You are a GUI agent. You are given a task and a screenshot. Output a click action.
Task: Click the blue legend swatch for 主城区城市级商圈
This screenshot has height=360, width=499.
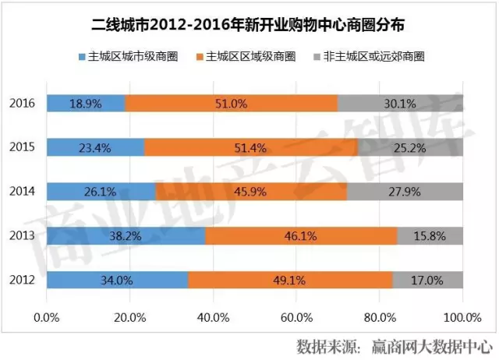(83, 57)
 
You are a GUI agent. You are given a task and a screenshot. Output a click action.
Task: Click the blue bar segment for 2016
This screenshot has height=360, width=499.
(86, 104)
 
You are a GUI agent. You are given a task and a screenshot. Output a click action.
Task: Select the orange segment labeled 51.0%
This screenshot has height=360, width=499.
(232, 104)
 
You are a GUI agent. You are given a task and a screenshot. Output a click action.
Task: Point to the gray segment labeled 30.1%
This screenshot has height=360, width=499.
(400, 104)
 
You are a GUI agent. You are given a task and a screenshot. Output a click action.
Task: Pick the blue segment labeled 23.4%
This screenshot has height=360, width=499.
(95, 147)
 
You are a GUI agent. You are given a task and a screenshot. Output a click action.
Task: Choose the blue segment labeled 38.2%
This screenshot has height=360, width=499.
(126, 235)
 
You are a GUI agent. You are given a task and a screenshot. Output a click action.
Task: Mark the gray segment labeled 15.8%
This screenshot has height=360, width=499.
(430, 235)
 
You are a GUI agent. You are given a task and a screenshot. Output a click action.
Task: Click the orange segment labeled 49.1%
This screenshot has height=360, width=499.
(290, 279)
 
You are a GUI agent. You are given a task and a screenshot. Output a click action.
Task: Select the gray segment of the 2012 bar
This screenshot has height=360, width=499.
(427, 279)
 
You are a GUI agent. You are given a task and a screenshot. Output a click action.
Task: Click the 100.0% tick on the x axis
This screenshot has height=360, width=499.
(462, 316)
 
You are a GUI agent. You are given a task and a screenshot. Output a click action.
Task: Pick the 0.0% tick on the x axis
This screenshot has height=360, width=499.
(48, 316)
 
